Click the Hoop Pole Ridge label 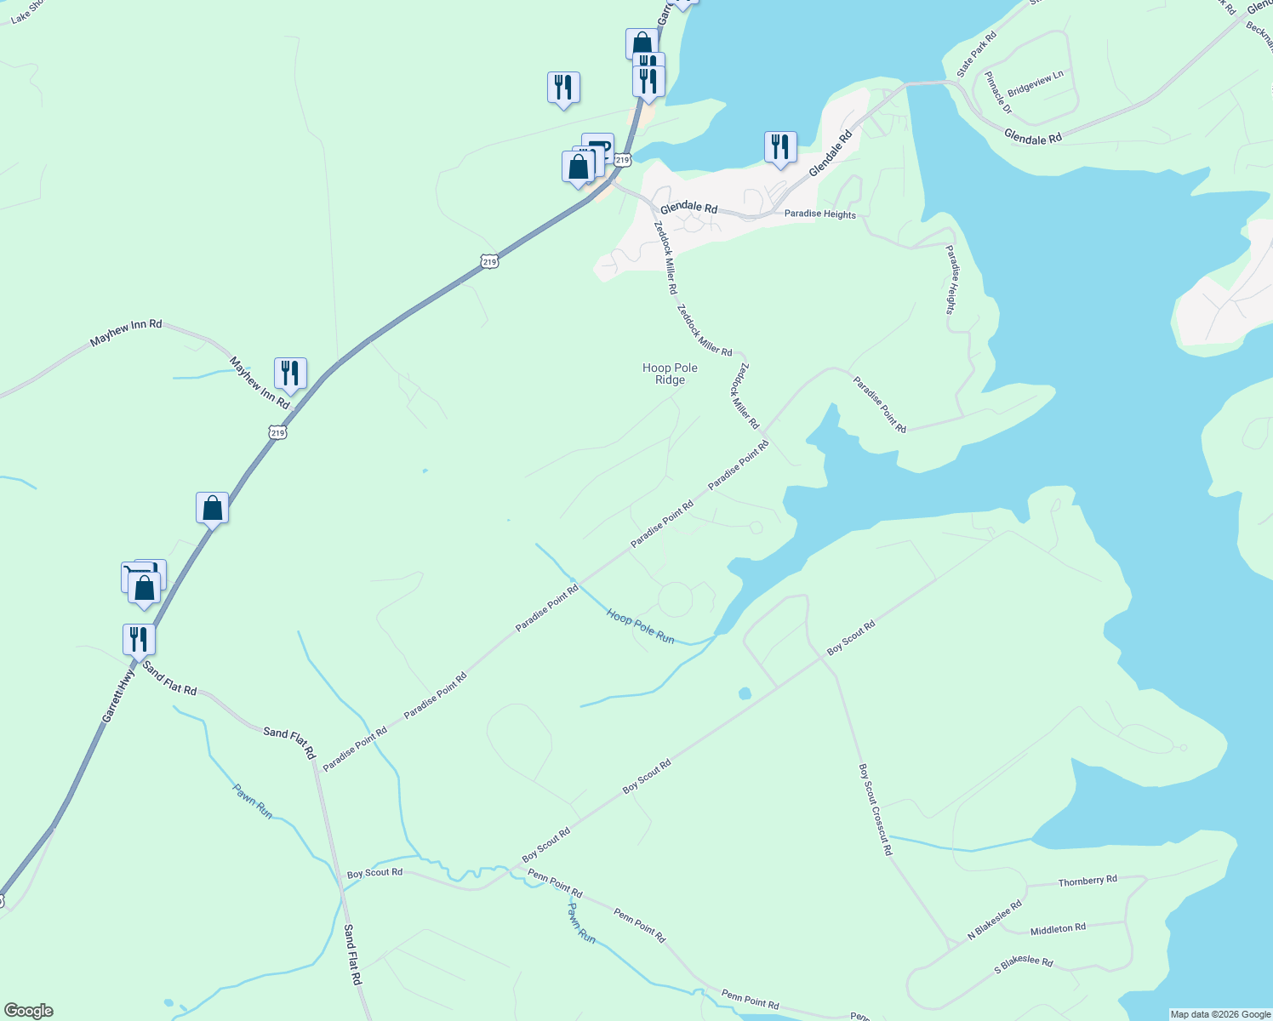(670, 374)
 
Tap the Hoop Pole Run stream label (640, 626)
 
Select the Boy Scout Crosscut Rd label (875, 809)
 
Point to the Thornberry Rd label (1087, 881)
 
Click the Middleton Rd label (1058, 929)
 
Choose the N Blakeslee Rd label (994, 921)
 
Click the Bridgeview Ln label (1035, 83)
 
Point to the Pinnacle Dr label (998, 93)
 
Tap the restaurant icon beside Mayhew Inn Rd (290, 374)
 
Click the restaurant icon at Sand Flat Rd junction (139, 639)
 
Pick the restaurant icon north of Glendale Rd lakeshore (779, 147)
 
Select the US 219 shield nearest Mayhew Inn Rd (278, 433)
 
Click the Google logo (29, 1010)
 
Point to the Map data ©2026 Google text (1219, 1014)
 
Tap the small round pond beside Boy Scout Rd (745, 693)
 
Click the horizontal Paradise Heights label (819, 214)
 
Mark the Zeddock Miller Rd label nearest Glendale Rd (665, 252)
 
